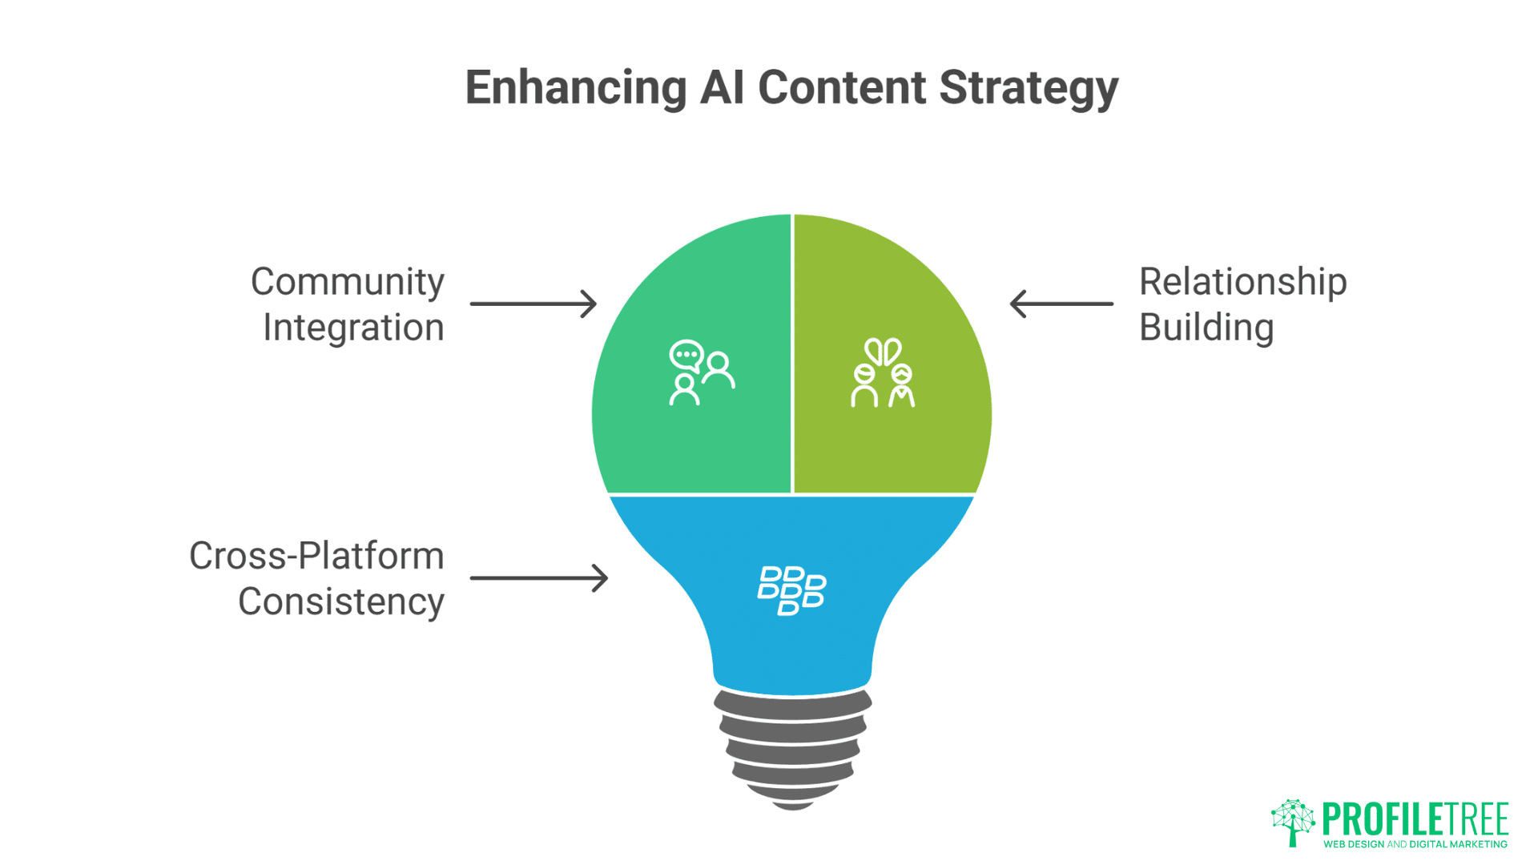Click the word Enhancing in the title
click(575, 88)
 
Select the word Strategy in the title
click(1028, 88)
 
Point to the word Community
click(347, 283)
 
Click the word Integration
click(353, 328)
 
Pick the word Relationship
click(1242, 283)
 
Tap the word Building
click(1206, 328)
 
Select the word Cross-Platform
click(316, 556)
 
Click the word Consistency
click(340, 602)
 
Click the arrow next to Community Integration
click(533, 304)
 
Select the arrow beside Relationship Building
click(1061, 304)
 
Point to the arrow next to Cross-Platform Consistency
click(538, 577)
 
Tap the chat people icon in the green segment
click(701, 372)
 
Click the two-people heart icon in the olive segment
click(882, 373)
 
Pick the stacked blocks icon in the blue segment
click(791, 591)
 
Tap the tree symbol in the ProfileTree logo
click(1292, 822)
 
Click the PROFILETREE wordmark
click(1415, 819)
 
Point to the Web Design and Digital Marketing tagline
click(1415, 844)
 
